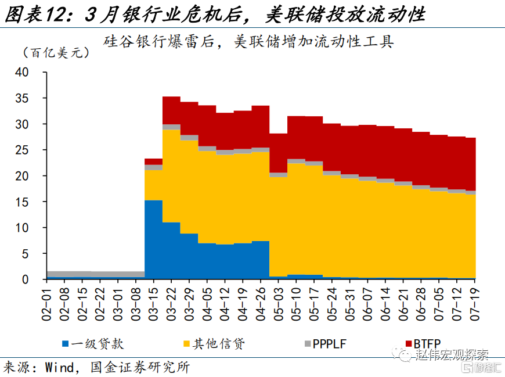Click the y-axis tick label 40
pyautogui.click(x=22, y=72)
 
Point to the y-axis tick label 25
pyautogui.click(x=22, y=150)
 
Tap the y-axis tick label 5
pyautogui.click(x=25, y=254)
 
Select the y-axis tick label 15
pyautogui.click(x=22, y=202)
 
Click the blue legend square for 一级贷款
pyautogui.click(x=66, y=344)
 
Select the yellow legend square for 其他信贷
pyautogui.click(x=186, y=344)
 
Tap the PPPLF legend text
pyautogui.click(x=329, y=344)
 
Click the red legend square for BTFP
pyautogui.click(x=409, y=344)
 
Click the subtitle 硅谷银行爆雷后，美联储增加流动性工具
pyautogui.click(x=248, y=42)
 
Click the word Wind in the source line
pyautogui.click(x=59, y=368)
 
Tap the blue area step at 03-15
pyautogui.click(x=154, y=239)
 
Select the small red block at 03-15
pyautogui.click(x=154, y=161)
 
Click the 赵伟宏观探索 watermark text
pyautogui.click(x=452, y=354)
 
